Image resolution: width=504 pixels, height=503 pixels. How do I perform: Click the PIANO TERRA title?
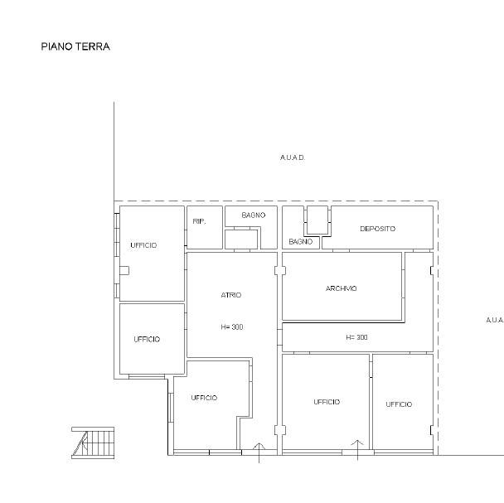(x=75, y=46)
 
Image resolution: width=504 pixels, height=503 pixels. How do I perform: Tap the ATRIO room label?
(x=231, y=295)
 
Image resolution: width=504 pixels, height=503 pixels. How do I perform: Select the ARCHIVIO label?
(x=341, y=288)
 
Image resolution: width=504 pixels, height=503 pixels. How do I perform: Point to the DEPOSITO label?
(x=378, y=229)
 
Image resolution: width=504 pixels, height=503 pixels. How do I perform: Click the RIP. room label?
(x=199, y=221)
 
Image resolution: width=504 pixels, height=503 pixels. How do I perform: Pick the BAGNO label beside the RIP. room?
(x=254, y=215)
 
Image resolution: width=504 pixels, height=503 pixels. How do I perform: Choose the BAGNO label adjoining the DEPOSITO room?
(x=301, y=242)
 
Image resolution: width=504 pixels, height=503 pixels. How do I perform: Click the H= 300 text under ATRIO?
(x=232, y=327)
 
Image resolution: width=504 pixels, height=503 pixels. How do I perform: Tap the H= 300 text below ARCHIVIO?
(x=356, y=337)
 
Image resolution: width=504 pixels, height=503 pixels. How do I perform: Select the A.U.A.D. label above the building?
(x=293, y=157)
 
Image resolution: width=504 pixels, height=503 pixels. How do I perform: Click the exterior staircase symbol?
(x=93, y=443)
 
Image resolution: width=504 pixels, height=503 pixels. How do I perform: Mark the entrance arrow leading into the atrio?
(x=259, y=453)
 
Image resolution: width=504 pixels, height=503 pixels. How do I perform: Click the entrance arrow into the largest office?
(x=357, y=450)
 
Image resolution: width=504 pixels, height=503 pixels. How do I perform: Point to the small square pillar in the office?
(x=124, y=271)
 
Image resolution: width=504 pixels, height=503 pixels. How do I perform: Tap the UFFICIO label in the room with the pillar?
(x=143, y=245)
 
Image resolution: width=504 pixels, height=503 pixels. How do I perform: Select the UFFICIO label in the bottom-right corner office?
(x=399, y=404)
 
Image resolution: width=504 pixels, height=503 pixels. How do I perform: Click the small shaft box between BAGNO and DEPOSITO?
(x=317, y=220)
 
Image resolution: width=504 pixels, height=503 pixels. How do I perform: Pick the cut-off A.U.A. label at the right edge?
(x=495, y=320)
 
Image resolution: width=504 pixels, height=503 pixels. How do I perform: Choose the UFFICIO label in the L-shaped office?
(x=205, y=398)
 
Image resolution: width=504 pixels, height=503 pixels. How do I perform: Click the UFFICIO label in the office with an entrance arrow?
(x=327, y=402)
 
